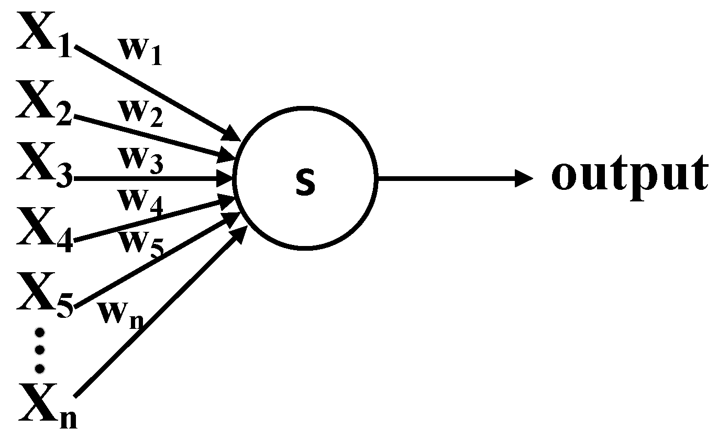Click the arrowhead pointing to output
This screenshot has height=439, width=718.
[x=524, y=178]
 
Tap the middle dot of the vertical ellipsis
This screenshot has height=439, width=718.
[x=39, y=349]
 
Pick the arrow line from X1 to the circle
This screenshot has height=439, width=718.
[x=157, y=93]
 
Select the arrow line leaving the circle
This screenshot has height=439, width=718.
[x=445, y=178]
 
